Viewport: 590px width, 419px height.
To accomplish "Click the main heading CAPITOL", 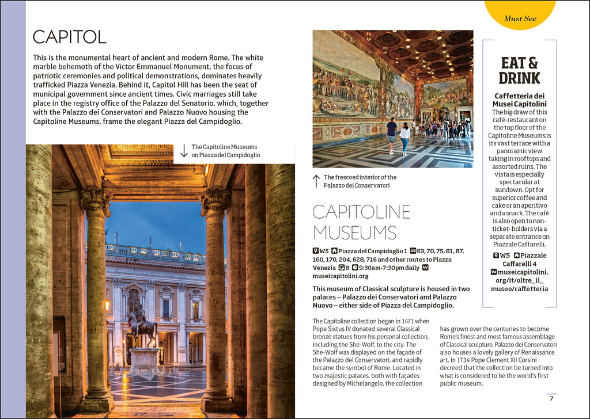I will click(x=70, y=37).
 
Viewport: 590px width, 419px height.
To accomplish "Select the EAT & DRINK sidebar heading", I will click(x=520, y=70).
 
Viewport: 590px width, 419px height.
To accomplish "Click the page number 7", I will click(x=551, y=398).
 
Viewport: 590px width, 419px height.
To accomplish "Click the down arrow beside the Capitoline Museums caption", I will click(x=184, y=151).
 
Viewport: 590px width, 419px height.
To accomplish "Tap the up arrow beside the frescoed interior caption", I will click(x=316, y=181).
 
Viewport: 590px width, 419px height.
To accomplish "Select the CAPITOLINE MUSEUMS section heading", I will click(x=361, y=222).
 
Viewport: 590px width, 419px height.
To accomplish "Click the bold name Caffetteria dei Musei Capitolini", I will click(x=520, y=100).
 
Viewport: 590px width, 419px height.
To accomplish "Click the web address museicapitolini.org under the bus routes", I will click(x=341, y=276).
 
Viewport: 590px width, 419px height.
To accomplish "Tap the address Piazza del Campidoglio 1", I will click(x=373, y=251).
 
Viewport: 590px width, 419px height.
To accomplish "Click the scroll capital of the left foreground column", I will click(x=96, y=201).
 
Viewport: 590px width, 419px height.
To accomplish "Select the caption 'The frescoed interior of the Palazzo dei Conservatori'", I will click(x=360, y=181).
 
